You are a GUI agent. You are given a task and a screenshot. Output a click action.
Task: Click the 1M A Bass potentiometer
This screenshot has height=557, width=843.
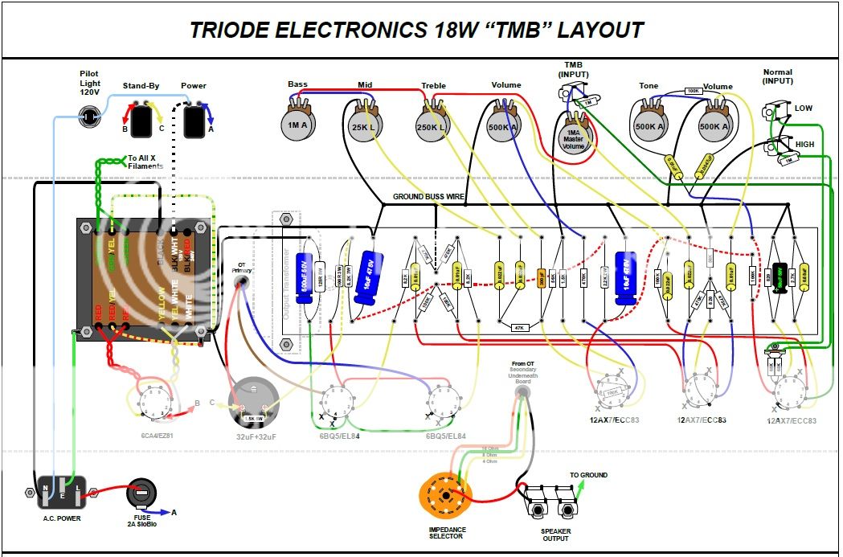[298, 125]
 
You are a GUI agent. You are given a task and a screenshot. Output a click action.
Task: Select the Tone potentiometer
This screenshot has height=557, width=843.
[649, 125]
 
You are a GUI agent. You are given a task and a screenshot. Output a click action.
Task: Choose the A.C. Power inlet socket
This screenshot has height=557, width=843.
[61, 492]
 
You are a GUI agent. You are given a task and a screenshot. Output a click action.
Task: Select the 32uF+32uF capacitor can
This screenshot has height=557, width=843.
[253, 402]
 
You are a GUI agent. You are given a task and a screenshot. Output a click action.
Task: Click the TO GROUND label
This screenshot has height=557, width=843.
[588, 475]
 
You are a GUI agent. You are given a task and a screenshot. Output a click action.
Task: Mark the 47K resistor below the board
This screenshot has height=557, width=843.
[520, 327]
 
